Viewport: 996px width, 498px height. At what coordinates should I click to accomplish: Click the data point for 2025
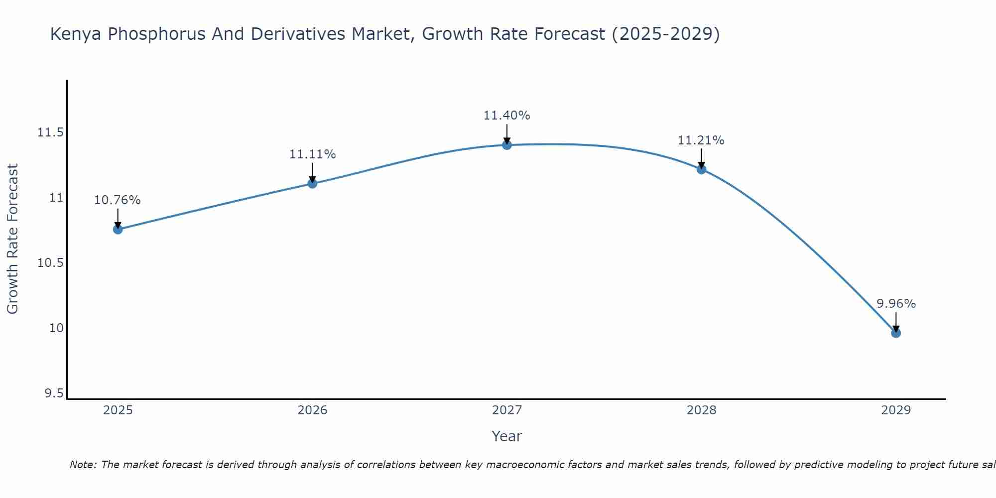point(118,229)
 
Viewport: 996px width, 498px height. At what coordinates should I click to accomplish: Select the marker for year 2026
point(312,183)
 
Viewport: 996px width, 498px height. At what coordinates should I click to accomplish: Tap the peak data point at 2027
point(507,145)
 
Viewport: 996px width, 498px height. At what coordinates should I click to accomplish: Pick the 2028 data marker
point(701,169)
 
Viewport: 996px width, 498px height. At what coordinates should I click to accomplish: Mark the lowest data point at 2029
point(896,333)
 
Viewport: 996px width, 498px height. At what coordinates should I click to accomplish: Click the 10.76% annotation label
point(118,200)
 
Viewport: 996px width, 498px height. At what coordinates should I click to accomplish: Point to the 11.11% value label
point(312,154)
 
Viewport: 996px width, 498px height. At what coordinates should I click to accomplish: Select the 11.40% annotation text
point(507,116)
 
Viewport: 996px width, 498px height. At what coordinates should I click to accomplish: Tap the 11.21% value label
point(701,140)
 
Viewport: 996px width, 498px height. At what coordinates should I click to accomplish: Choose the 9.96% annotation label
point(896,304)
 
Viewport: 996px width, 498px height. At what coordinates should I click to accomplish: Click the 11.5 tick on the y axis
point(50,132)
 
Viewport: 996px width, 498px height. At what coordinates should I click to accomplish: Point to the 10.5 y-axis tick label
point(50,263)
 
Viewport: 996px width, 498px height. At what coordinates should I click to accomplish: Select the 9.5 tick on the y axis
point(54,394)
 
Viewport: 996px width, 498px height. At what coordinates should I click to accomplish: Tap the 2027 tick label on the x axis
point(507,410)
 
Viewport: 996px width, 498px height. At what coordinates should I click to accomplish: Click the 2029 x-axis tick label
point(896,410)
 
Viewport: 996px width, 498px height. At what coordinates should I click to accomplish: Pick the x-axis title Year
point(507,436)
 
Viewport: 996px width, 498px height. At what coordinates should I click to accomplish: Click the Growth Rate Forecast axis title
point(13,239)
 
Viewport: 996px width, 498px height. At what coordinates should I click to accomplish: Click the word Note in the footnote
point(82,465)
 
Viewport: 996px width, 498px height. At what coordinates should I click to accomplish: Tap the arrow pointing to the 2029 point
point(896,322)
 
